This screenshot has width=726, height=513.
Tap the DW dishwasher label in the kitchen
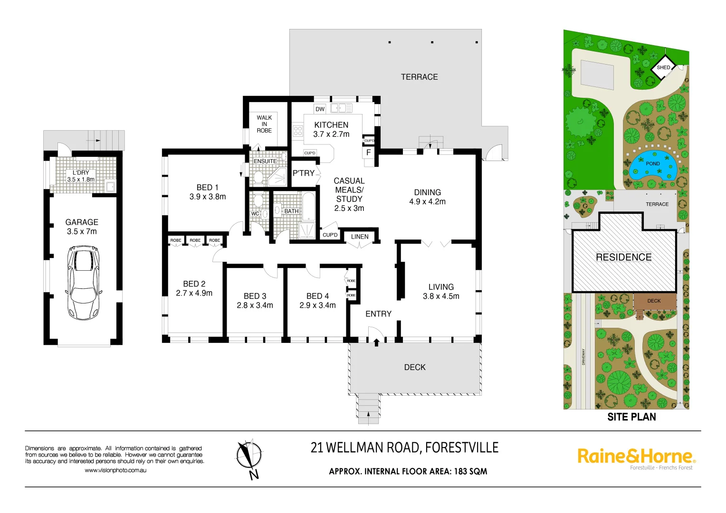click(320, 109)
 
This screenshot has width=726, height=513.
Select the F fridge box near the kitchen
click(368, 153)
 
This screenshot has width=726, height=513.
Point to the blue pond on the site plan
click(653, 165)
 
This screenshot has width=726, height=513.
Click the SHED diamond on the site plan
click(663, 67)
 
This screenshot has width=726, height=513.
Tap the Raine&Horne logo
click(636, 456)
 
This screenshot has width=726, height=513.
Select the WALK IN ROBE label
click(264, 124)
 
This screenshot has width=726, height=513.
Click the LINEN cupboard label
click(360, 237)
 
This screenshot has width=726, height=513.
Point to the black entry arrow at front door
click(376, 342)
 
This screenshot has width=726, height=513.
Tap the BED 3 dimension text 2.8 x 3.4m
click(255, 305)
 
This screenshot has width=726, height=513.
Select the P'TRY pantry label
click(303, 173)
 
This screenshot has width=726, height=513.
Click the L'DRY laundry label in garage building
click(81, 173)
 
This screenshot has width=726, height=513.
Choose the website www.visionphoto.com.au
click(115, 470)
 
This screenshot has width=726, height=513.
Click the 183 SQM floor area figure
click(470, 471)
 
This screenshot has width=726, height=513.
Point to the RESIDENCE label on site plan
click(623, 257)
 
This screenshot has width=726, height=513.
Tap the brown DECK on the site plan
click(654, 301)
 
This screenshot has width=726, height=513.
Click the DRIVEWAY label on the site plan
click(583, 357)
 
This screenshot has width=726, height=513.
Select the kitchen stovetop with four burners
click(298, 131)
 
